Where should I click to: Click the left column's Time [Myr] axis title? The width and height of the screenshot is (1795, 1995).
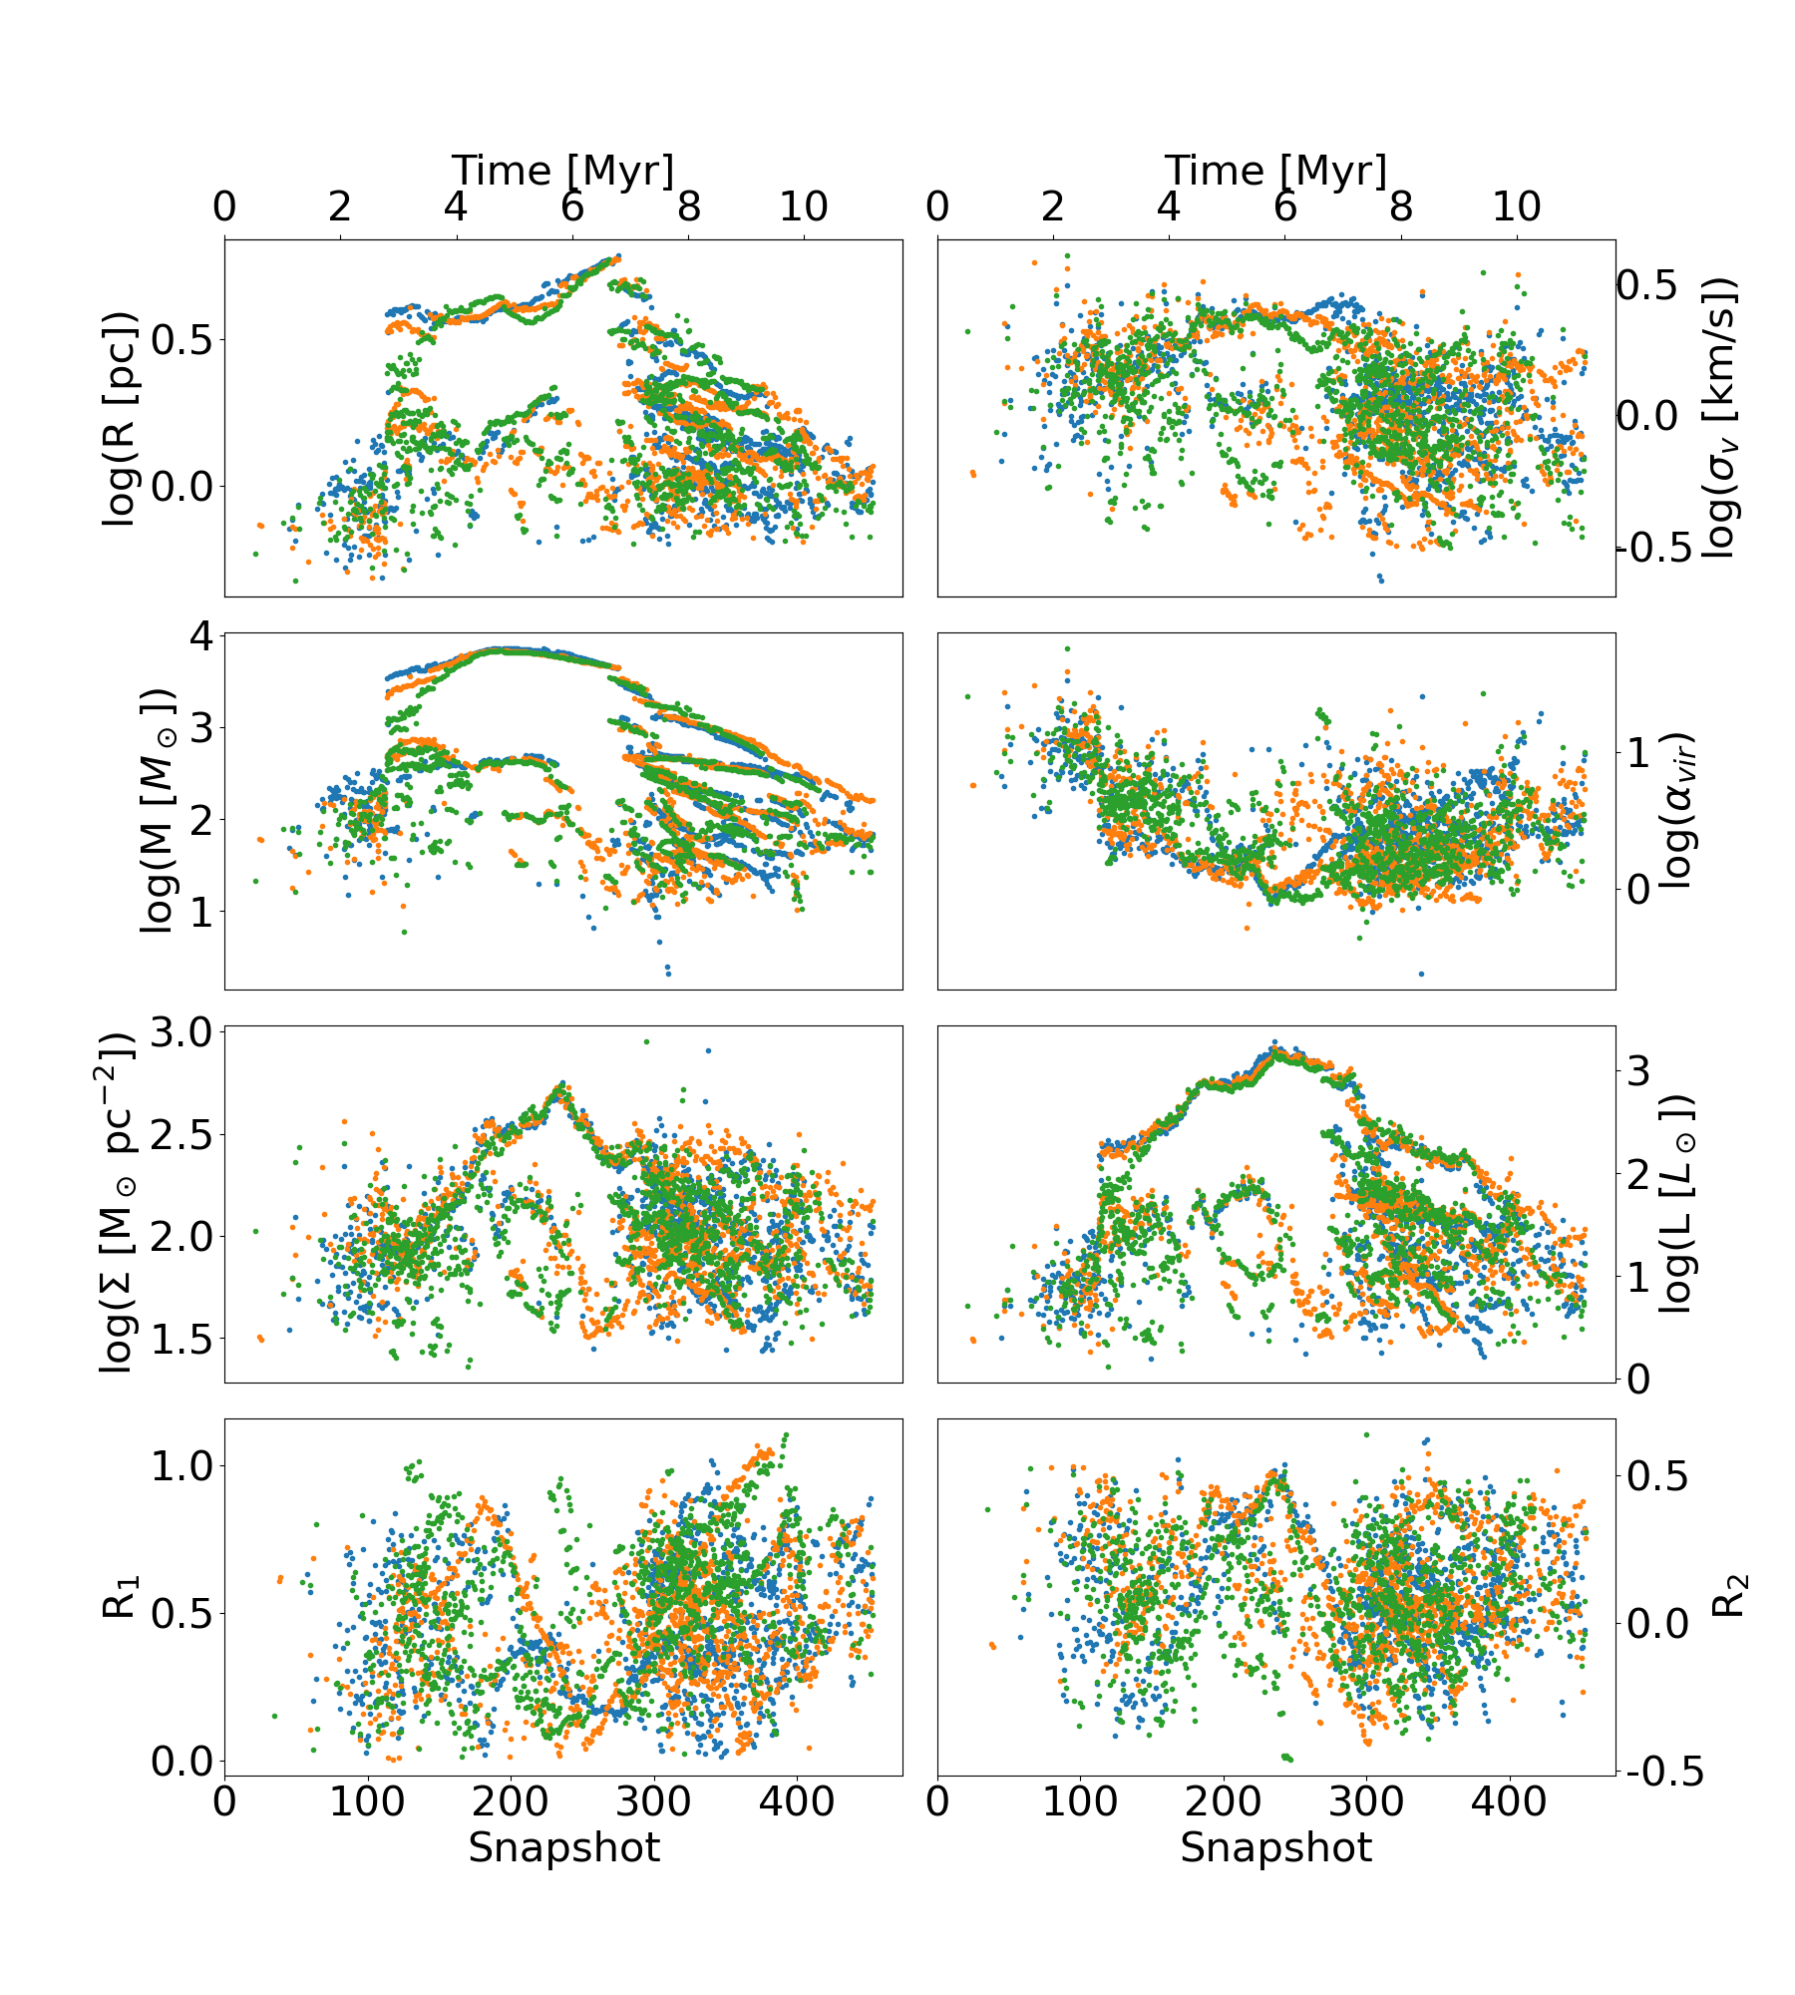click(562, 171)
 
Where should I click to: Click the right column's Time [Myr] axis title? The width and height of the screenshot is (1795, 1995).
click(1275, 171)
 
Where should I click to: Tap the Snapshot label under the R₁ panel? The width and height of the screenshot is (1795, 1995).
click(563, 1847)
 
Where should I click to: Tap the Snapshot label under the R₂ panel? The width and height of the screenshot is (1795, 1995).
click(1275, 1847)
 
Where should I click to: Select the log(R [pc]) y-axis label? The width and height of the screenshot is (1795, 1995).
click(120, 418)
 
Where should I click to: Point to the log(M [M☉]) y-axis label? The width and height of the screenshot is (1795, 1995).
click(158, 810)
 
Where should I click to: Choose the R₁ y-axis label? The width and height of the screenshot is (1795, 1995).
click(120, 1596)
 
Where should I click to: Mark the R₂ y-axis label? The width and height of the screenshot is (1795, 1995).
click(1730, 1596)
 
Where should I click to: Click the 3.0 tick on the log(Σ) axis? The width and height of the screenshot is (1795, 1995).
click(181, 1032)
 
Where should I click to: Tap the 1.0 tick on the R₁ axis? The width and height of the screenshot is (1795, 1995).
click(181, 1466)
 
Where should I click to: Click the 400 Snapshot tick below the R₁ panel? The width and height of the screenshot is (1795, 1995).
click(797, 1801)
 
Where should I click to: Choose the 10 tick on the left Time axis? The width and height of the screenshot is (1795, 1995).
click(803, 207)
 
